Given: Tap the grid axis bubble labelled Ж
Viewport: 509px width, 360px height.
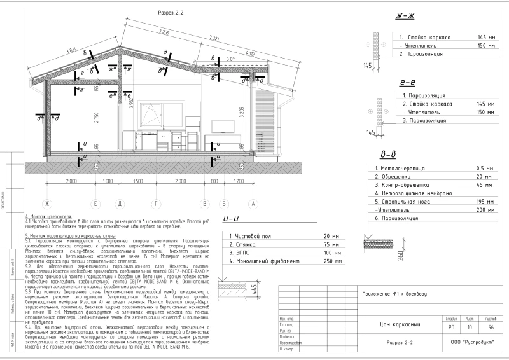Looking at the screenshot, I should [x=46, y=204].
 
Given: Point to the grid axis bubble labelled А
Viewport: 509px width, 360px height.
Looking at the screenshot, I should [x=253, y=204].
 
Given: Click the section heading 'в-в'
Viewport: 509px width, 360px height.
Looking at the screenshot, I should [x=387, y=154].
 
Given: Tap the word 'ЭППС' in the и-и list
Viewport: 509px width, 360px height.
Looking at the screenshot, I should [x=246, y=253].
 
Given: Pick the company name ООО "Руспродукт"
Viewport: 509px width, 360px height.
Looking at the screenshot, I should [x=471, y=324].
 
